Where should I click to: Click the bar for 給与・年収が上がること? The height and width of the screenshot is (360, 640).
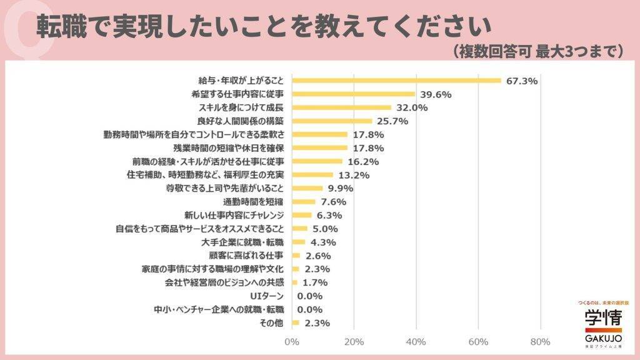396,80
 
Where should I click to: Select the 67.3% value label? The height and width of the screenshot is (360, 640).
522,81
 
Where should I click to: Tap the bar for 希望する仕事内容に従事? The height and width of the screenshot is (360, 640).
353,94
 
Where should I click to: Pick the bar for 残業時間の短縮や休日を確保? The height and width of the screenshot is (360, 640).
319,148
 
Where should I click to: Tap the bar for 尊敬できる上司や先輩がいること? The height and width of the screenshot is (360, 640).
307,188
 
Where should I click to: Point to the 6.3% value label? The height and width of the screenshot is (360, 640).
329,215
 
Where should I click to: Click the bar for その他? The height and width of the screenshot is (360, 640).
296,322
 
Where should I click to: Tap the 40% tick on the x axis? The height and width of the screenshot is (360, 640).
416,342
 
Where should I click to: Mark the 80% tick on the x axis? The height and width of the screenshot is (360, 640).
539,342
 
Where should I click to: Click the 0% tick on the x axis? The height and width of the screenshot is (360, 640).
292,342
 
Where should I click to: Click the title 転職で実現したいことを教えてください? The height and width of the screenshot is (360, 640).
263,24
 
